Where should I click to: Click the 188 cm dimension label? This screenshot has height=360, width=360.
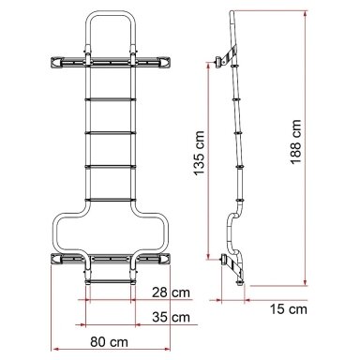coord(295,142)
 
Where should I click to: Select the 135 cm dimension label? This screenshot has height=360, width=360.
coord(199,153)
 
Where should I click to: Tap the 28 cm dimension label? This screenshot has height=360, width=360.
coord(171,292)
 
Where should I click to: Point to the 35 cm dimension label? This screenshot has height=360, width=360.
coord(171,317)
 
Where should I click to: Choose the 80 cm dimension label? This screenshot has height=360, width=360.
coord(110,342)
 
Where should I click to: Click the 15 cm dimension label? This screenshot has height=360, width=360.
coord(289,309)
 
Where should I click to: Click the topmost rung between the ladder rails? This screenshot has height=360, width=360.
coord(110,99)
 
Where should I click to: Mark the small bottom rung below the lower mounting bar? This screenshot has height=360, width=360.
coord(110,282)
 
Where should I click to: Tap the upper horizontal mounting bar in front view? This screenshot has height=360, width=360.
coord(110,62)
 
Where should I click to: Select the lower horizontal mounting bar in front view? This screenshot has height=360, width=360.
coord(110,259)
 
